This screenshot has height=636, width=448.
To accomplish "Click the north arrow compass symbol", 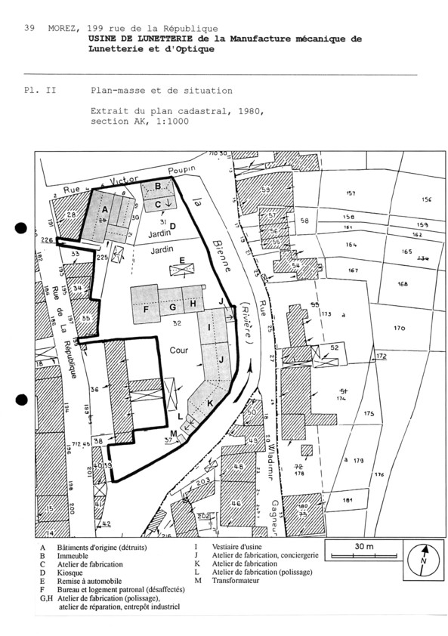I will [423, 560].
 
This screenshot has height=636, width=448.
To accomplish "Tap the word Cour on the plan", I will [179, 350].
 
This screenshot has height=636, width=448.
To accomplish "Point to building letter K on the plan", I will [210, 403].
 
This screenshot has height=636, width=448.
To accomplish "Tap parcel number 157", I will [350, 194].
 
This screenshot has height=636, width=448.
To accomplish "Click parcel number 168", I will [402, 284].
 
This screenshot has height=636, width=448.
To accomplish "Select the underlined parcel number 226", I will [46, 240].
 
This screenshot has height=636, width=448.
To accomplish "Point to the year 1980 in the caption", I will [249, 111].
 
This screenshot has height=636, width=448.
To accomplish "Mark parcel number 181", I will [348, 500].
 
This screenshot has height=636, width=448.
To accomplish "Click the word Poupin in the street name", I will [182, 169].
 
